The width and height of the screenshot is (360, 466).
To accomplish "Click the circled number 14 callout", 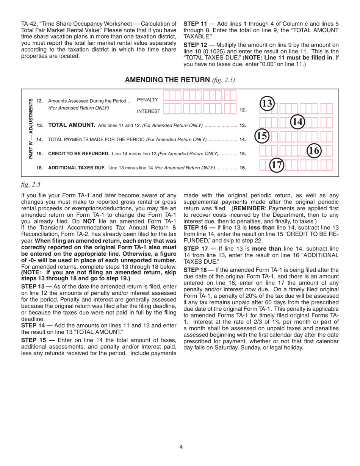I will [298, 121].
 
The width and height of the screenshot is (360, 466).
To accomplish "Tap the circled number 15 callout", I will [261, 136].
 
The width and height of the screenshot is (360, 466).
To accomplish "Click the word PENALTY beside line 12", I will [147, 99].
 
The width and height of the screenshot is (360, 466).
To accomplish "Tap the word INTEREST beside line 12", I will [149, 111].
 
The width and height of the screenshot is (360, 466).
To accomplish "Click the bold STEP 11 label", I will [195, 23].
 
